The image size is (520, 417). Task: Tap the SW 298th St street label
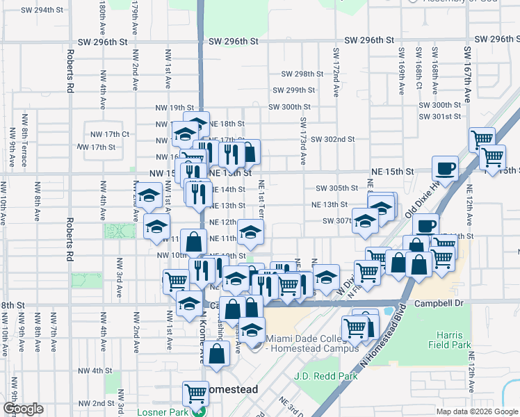point(302,74)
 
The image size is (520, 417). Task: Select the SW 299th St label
point(294,90)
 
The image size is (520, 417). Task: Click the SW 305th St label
point(336,188)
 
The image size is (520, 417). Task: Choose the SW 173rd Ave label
point(304,141)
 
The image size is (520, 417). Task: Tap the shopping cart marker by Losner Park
point(195,393)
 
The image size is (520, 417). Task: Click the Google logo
point(23,409)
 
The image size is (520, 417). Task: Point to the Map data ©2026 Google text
point(476,411)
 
